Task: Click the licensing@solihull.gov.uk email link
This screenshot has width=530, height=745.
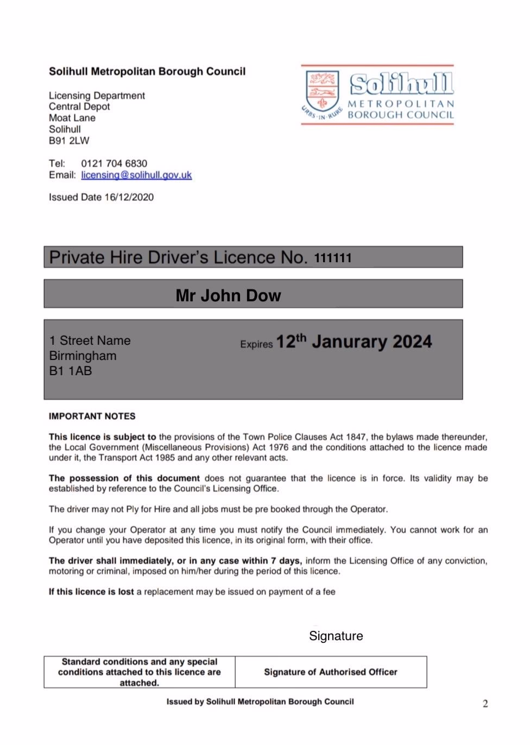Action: click(x=136, y=175)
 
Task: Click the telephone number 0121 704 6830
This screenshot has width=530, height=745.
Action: click(x=114, y=163)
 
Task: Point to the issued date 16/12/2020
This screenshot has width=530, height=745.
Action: click(x=129, y=197)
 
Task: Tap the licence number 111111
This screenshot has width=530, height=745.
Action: click(x=333, y=258)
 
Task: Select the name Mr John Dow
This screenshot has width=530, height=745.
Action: click(x=228, y=295)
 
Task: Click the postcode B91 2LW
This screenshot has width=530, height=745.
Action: click(x=69, y=141)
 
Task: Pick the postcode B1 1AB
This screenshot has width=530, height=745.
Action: click(x=70, y=371)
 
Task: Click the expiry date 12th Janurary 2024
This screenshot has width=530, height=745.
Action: click(x=354, y=342)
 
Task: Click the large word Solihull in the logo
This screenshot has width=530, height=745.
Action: click(x=401, y=84)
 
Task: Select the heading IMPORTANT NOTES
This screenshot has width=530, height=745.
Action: click(x=92, y=416)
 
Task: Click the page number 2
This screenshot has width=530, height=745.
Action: click(x=485, y=704)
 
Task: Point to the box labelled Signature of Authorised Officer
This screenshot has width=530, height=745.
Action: click(x=330, y=672)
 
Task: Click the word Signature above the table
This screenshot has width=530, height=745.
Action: click(x=336, y=636)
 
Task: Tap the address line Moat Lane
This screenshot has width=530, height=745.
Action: click(x=72, y=118)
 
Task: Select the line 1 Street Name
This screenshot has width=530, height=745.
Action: click(x=90, y=340)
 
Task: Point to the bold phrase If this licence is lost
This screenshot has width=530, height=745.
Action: click(x=91, y=592)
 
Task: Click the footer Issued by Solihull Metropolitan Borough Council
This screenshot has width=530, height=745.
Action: click(x=260, y=702)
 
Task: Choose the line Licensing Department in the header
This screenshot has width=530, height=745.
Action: click(x=97, y=96)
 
